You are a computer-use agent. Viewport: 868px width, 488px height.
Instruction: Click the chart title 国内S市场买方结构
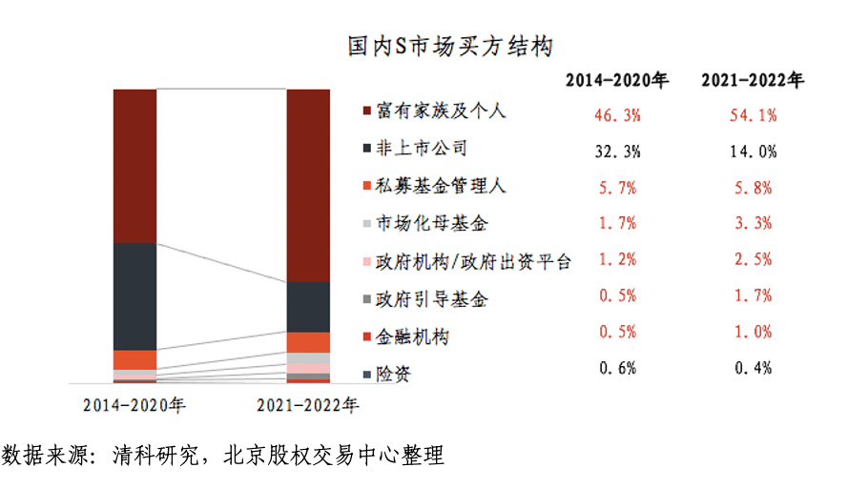click(452, 46)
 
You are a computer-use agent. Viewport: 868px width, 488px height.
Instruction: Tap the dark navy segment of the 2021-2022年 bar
click(309, 307)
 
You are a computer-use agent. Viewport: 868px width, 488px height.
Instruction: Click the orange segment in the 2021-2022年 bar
click(309, 342)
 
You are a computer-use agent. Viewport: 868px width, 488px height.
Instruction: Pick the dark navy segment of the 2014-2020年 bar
click(134, 296)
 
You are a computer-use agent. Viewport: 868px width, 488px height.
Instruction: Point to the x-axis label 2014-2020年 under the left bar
click(134, 405)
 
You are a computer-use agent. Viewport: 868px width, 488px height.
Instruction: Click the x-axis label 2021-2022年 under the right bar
click(307, 405)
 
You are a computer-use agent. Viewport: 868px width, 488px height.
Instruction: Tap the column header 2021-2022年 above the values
click(753, 81)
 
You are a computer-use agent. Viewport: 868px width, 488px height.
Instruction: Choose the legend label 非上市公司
click(415, 150)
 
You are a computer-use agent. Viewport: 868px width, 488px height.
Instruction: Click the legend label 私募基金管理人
click(428, 187)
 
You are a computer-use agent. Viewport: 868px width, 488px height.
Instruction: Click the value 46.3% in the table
click(617, 115)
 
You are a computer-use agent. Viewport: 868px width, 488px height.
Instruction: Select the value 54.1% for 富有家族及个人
click(753, 115)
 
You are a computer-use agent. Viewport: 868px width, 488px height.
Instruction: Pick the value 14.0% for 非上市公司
click(753, 152)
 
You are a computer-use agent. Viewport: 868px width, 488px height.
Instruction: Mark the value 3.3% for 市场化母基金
click(753, 224)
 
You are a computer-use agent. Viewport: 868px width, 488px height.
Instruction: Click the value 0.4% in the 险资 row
click(753, 368)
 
